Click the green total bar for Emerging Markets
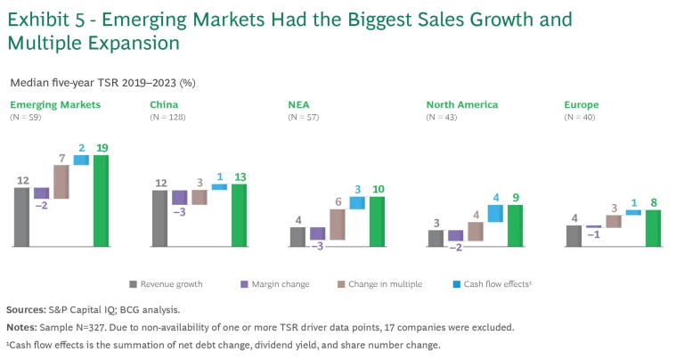pos(101,200)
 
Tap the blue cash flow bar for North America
pos(495,214)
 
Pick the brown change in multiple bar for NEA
pos(337,225)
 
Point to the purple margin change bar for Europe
pos(594,226)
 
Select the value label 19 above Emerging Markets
pos(101,147)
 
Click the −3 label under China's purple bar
pos(180,213)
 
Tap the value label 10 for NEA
pos(377,189)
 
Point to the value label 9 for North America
pos(515,198)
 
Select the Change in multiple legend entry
pos(389,284)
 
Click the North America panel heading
pos(462,104)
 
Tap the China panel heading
pos(164,104)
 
